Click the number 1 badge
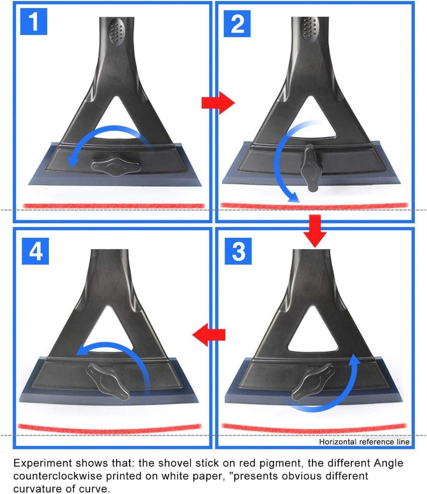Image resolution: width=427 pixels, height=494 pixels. click(34, 21)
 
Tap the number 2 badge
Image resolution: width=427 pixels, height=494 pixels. click(237, 24)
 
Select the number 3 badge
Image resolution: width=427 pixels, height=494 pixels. click(238, 251)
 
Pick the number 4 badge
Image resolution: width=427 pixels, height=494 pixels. click(35, 251)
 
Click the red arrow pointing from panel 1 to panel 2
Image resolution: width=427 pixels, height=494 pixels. click(218, 103)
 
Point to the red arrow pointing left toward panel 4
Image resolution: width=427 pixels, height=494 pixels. click(209, 335)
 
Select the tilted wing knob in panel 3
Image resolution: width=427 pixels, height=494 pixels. click(313, 382)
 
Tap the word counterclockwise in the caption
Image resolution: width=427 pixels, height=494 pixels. click(58, 476)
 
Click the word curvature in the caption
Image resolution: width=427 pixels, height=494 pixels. click(36, 489)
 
